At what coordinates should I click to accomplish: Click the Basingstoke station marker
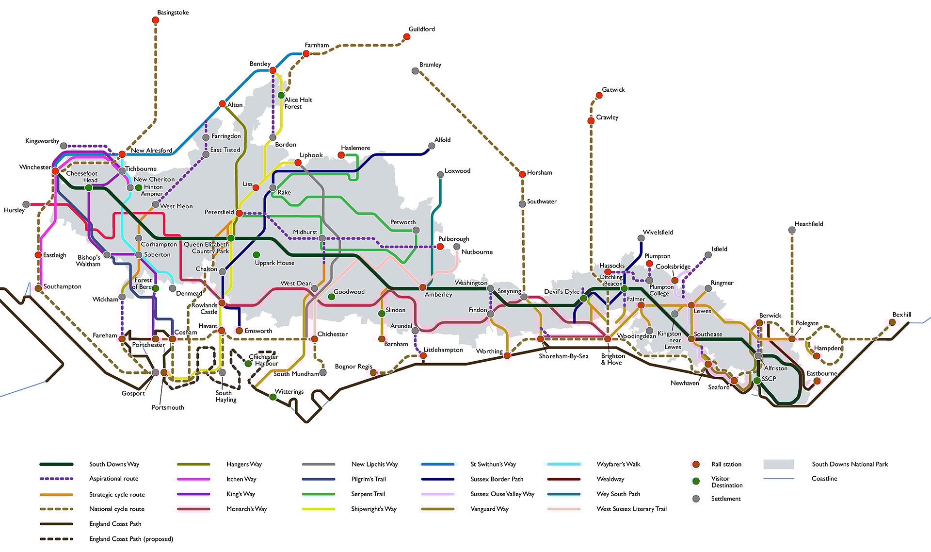pos(155,20)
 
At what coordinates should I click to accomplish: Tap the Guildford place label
pos(421,29)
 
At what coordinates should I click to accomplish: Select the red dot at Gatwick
pos(599,96)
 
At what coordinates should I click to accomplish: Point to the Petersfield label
pos(219,212)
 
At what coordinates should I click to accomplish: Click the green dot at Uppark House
pos(257,254)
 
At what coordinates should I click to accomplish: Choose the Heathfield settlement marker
pos(792,230)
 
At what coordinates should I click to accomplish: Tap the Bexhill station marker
pos(892,322)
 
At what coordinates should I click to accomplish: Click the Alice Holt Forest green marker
pos(281,95)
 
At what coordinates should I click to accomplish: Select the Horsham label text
pos(539,172)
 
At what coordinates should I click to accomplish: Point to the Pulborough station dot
pos(440,247)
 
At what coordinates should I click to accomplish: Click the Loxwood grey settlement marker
pos(440,174)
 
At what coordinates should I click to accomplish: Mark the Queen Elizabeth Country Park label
pos(207,248)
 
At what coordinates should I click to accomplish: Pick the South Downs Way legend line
pos(56,464)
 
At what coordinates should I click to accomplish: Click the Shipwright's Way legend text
pos(373,509)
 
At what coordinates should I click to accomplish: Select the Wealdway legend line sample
pos(563,479)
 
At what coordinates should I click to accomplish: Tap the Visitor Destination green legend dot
pos(696,481)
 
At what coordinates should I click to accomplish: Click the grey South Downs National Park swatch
pos(778,464)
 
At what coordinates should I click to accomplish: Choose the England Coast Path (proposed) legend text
pos(131,539)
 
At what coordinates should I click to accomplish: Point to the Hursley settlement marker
pos(26,204)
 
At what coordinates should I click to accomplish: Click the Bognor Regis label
pos(353,367)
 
